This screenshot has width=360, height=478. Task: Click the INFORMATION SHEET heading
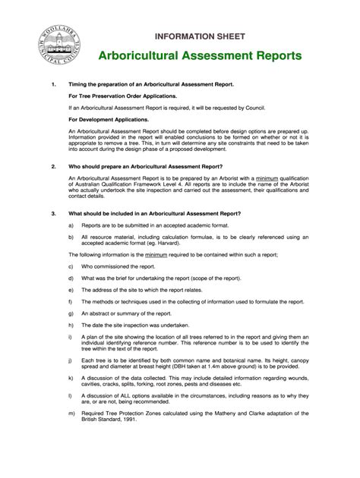click(200, 36)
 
